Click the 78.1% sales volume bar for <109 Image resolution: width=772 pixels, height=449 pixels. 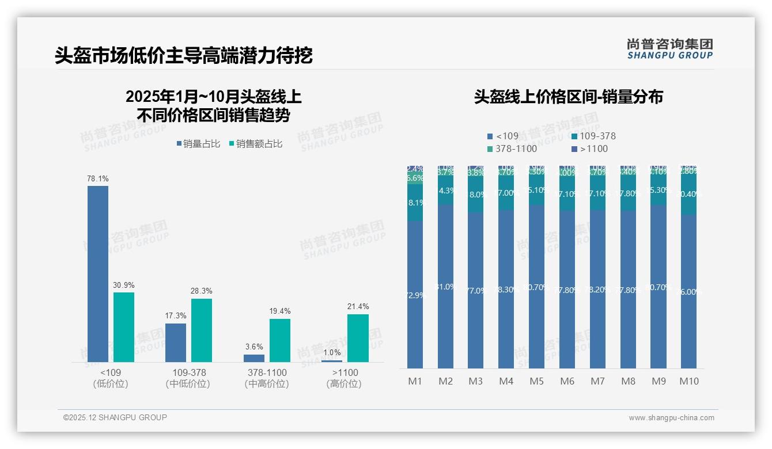98,273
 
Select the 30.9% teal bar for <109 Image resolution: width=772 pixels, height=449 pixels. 124,327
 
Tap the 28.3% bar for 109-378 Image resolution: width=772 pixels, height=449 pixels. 202,330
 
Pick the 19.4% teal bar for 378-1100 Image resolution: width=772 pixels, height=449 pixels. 280,340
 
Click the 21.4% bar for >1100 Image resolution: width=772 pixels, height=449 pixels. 358,338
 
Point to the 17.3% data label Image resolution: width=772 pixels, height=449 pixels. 176,316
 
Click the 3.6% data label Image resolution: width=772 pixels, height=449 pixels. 253,347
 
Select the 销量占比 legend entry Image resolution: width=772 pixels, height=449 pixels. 198,144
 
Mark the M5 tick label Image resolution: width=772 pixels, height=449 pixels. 536,381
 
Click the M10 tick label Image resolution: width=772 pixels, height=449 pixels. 688,381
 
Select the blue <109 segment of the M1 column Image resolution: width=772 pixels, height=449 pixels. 415,295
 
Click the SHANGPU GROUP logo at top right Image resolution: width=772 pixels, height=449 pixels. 669,49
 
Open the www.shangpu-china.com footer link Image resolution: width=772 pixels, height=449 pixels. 671,418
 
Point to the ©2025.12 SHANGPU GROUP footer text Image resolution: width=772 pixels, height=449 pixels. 115,417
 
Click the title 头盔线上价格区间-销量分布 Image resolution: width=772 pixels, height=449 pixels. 568,97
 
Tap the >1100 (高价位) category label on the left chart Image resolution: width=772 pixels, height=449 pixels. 345,378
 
